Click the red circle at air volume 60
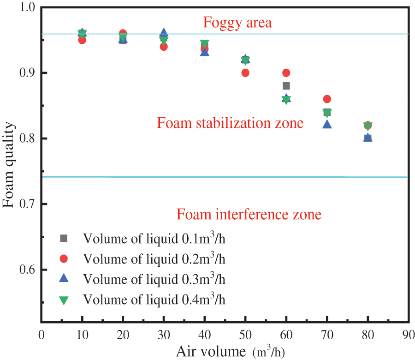coord(286,73)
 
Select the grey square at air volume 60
coord(286,86)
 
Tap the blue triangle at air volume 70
coord(327,124)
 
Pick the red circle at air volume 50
coord(245,73)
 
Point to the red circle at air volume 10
coord(82,40)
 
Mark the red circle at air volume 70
coord(327,99)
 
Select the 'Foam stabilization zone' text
coord(230,123)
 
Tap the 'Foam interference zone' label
coord(249,215)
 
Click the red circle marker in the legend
coord(64,258)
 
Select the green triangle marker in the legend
coord(64,300)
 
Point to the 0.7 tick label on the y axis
coord(29,204)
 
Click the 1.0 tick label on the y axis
coord(29,8)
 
